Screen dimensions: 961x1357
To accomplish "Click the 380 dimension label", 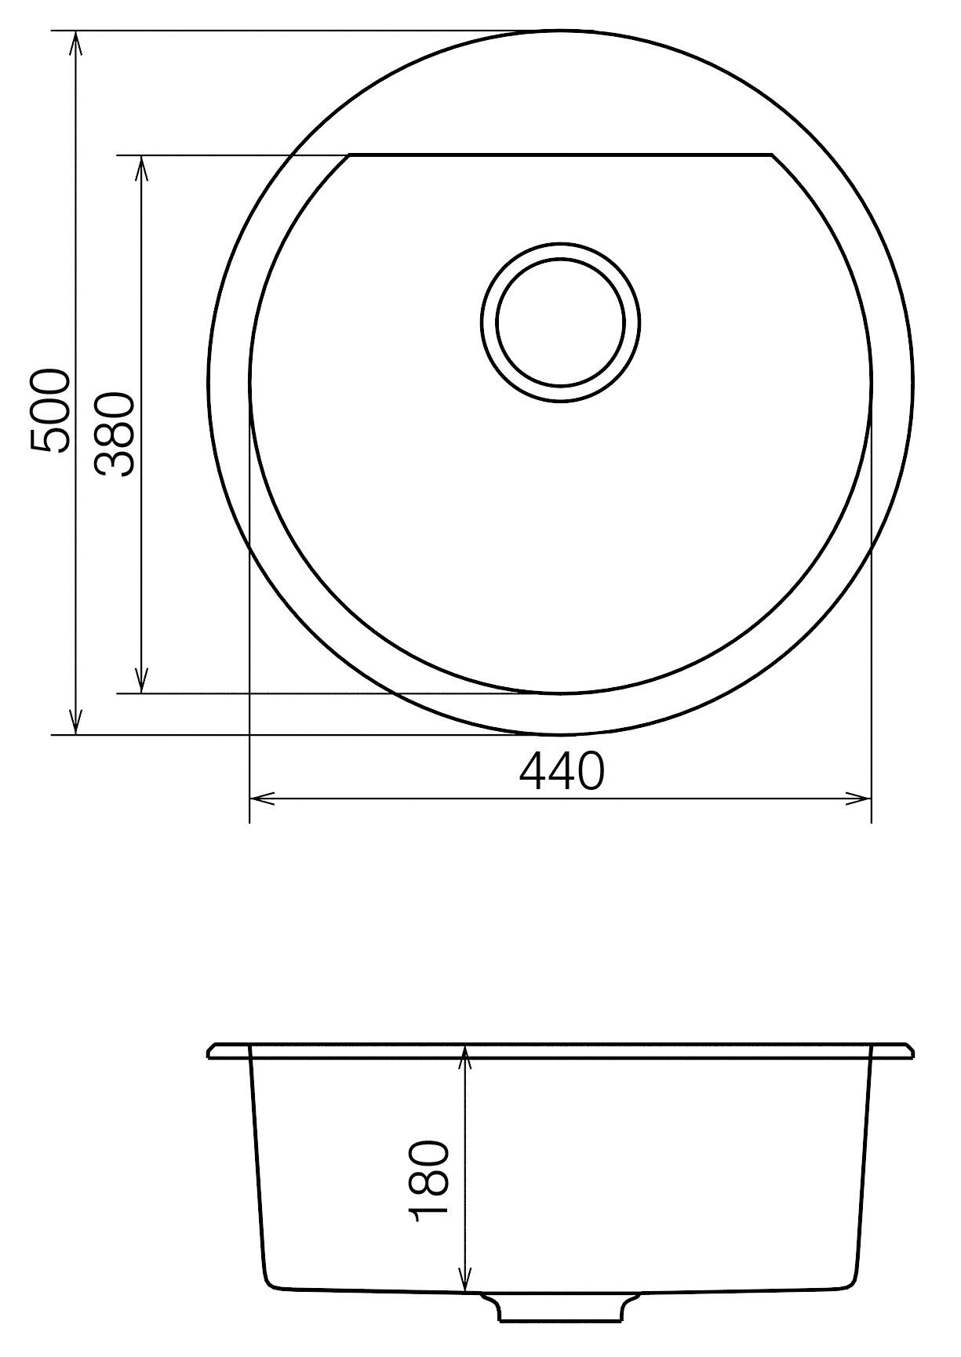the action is [x=115, y=434].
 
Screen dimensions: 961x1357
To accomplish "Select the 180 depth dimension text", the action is [x=429, y=1188].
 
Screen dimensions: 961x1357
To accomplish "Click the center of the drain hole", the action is [x=560, y=322].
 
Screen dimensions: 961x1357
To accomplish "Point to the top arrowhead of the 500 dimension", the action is [x=75, y=44].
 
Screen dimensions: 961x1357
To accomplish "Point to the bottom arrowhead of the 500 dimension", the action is [x=75, y=722].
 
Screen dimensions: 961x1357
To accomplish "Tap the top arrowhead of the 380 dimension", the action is [x=141, y=169].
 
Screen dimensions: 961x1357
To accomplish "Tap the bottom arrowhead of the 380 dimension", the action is [x=141, y=681].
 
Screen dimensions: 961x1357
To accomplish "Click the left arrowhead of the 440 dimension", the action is [x=262, y=800].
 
